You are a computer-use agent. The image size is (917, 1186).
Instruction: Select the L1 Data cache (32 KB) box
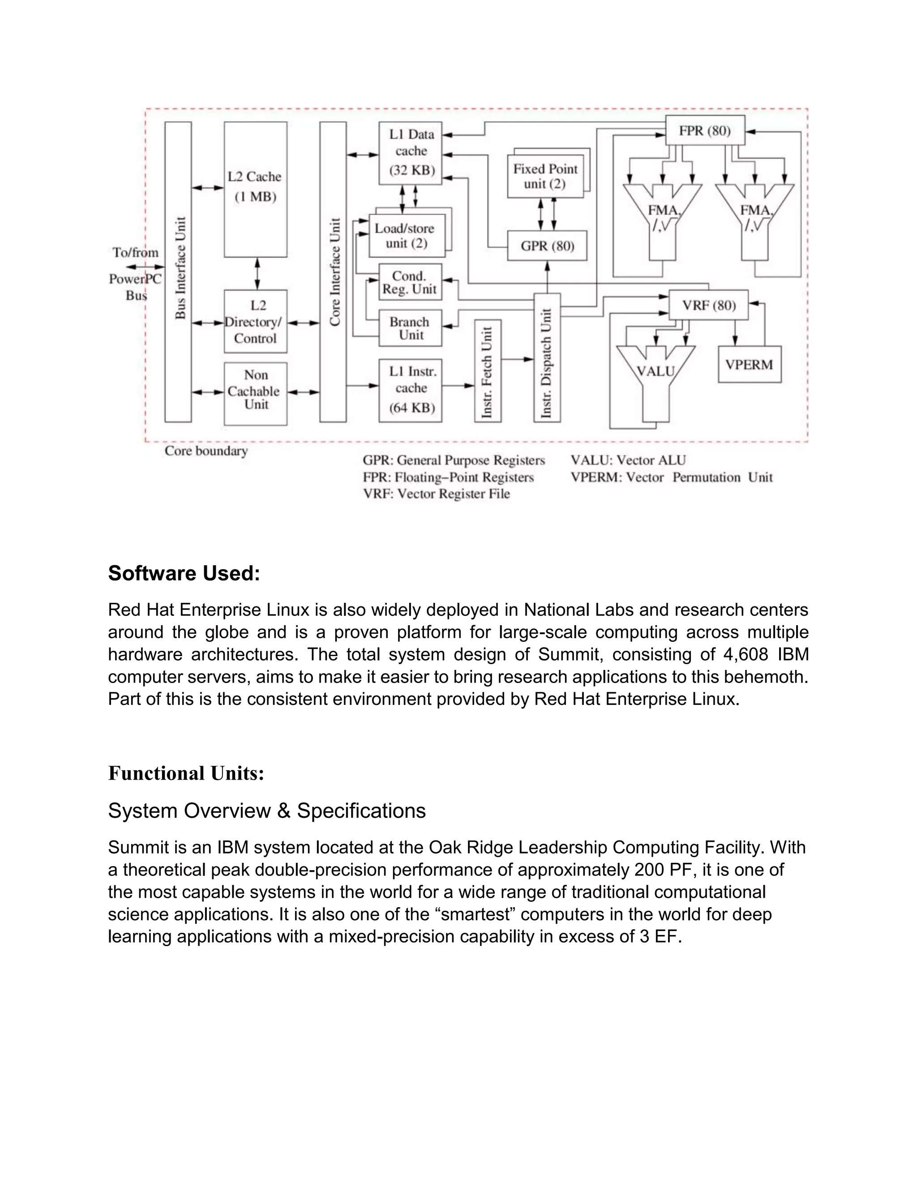(x=410, y=153)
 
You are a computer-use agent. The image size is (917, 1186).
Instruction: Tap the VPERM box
(x=749, y=364)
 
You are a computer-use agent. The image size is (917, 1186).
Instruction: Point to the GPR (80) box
(x=547, y=246)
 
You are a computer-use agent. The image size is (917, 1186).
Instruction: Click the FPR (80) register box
(x=705, y=130)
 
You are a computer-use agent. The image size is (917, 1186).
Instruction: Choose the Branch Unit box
(x=410, y=328)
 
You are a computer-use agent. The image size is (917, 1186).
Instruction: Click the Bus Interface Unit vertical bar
(x=178, y=272)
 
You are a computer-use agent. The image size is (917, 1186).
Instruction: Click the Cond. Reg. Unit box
(x=410, y=282)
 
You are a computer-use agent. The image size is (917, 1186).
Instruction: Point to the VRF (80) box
(x=708, y=305)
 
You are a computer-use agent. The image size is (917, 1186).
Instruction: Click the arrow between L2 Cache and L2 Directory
(x=257, y=273)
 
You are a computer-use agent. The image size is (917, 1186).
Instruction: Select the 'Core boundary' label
(x=206, y=451)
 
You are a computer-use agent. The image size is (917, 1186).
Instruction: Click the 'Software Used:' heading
(x=184, y=573)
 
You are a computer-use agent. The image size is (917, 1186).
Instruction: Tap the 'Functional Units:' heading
(x=186, y=773)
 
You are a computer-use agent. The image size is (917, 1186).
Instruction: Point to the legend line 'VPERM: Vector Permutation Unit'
(x=671, y=478)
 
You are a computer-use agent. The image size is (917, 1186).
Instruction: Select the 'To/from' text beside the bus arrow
(x=135, y=252)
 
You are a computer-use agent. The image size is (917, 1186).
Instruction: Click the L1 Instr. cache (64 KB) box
(x=410, y=390)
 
